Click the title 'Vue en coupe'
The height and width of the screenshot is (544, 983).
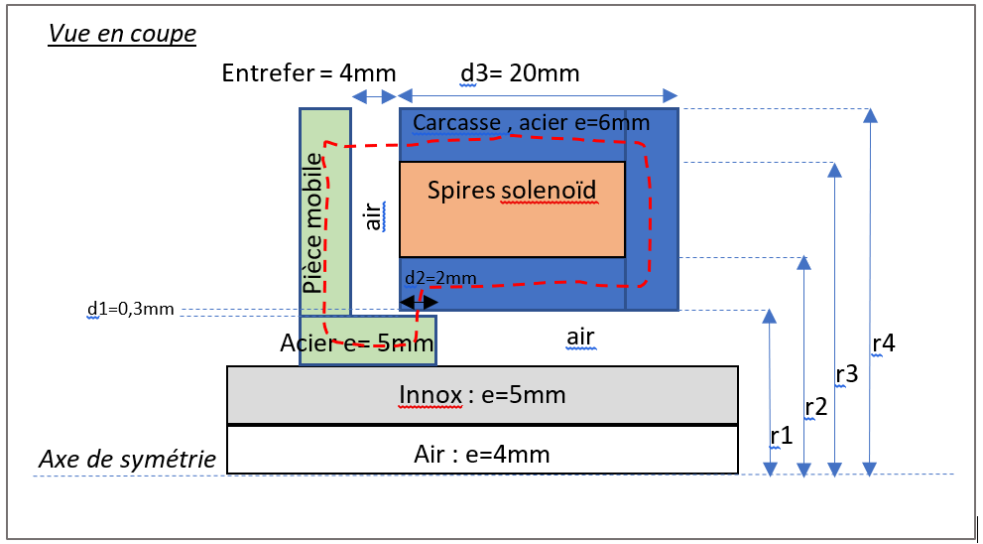pyautogui.click(x=122, y=34)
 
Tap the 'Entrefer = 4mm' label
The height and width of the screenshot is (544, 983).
pyautogui.click(x=308, y=73)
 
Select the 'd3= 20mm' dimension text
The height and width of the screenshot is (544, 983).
pyautogui.click(x=520, y=73)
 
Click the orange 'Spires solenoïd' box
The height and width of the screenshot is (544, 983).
pyautogui.click(x=512, y=209)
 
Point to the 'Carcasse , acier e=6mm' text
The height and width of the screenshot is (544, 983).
pyautogui.click(x=531, y=123)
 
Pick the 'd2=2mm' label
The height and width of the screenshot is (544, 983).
pyautogui.click(x=440, y=277)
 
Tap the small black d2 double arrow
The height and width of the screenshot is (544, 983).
pyautogui.click(x=418, y=301)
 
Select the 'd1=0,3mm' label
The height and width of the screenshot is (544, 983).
pyautogui.click(x=131, y=309)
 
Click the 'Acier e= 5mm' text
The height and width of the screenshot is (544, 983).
pyautogui.click(x=357, y=344)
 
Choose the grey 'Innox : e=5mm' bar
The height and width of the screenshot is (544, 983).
pyautogui.click(x=482, y=395)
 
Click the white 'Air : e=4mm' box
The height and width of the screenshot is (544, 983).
pyautogui.click(x=482, y=455)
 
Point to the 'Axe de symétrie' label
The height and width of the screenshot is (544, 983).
pyautogui.click(x=127, y=459)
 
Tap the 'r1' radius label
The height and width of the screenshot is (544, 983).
pyautogui.click(x=782, y=435)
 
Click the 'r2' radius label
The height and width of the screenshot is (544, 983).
pyautogui.click(x=815, y=406)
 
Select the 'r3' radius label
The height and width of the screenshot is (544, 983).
pyautogui.click(x=846, y=374)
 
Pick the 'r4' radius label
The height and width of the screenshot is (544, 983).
pyautogui.click(x=883, y=343)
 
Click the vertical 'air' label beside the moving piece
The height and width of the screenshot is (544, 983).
pyautogui.click(x=373, y=216)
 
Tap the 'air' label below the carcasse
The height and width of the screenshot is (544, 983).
pyautogui.click(x=580, y=338)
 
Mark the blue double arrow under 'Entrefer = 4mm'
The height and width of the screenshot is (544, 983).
pyautogui.click(x=374, y=96)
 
